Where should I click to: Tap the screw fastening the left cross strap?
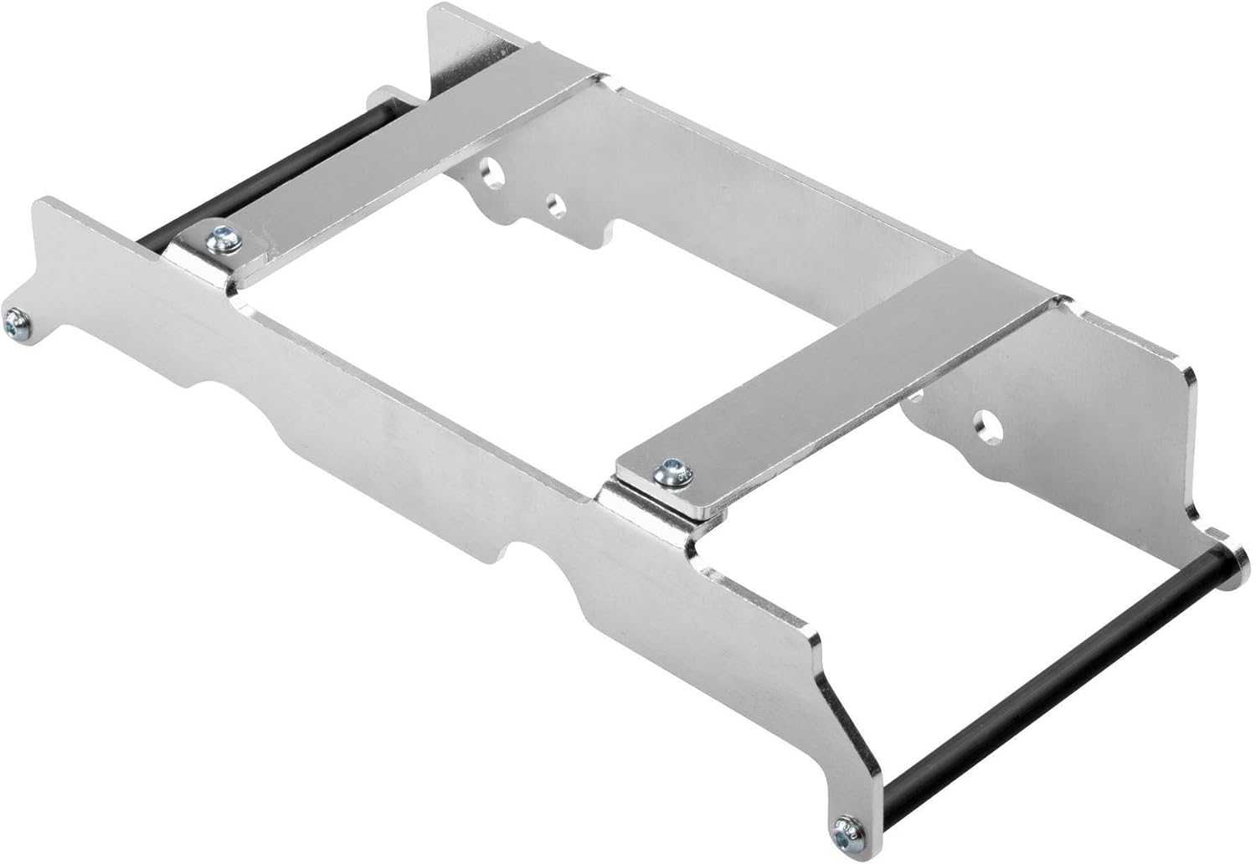[x=224, y=240]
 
